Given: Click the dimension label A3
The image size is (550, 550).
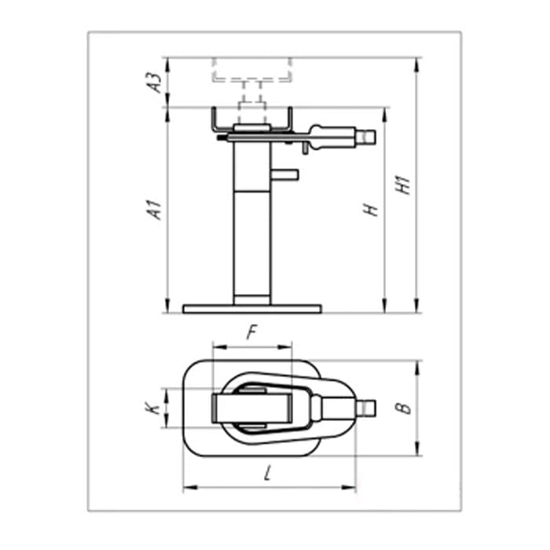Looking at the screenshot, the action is [x=156, y=82].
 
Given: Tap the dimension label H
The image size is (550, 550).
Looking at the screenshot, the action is [x=371, y=210].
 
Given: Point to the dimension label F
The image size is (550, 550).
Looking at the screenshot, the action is [x=252, y=332].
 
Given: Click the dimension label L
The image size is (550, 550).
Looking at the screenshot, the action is [x=268, y=473].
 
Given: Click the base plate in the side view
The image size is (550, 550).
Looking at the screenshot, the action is [x=252, y=309].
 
